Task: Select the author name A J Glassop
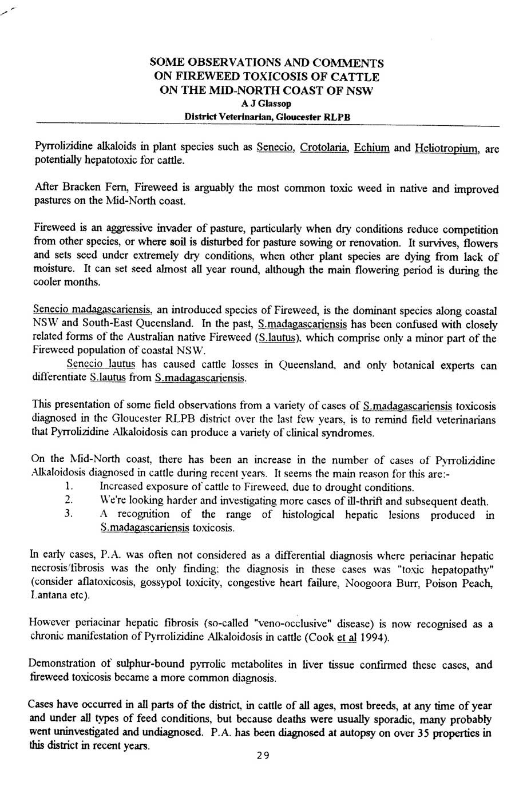tap(266, 104)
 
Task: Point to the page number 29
tap(263, 756)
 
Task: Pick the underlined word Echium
tap(372, 148)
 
